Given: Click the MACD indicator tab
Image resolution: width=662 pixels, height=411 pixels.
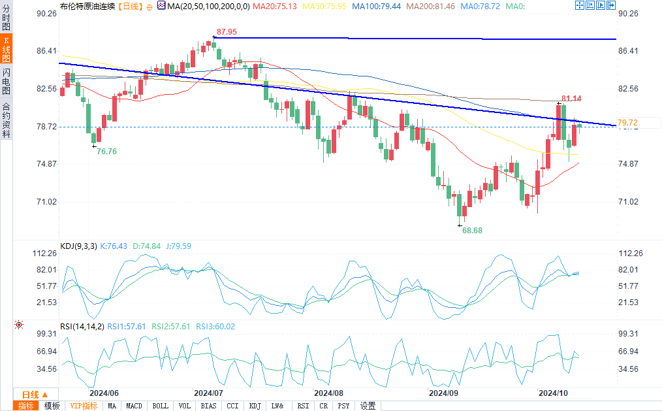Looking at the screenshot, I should point(134,406).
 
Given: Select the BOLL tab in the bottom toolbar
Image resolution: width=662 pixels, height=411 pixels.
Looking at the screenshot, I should point(160,406).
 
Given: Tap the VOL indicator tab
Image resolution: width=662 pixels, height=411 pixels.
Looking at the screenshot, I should point(185,406).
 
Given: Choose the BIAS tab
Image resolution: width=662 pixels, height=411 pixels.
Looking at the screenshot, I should point(209,406).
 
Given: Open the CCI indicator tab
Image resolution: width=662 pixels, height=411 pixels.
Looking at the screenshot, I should point(232,406).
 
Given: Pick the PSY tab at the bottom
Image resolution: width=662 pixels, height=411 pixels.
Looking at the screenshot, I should point(343,406).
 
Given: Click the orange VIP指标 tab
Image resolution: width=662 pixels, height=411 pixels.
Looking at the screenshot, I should point(84,406).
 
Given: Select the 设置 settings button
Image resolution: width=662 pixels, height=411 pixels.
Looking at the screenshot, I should point(368,406).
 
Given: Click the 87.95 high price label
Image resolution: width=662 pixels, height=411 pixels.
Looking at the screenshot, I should point(227,31).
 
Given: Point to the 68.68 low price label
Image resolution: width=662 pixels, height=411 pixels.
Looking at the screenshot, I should point(472,231).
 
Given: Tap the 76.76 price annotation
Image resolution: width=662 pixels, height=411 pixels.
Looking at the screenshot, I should point(106,151).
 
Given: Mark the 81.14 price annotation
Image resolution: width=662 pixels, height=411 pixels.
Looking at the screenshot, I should point(571,99).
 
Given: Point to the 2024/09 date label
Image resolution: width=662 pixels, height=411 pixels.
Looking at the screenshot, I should point(443,393).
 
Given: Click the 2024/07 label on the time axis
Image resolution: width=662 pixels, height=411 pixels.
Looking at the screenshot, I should point(209,393).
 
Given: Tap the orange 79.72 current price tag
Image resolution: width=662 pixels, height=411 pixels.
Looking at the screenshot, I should point(627,123).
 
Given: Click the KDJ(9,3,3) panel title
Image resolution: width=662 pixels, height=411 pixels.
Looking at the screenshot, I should point(78,246).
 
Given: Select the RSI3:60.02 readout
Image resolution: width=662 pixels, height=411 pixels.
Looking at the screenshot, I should point(216,326).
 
